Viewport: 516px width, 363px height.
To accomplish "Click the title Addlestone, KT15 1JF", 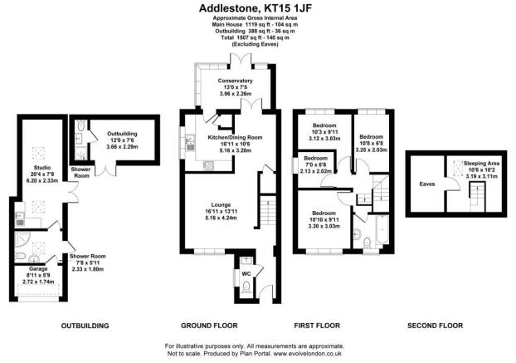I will coord(257,8).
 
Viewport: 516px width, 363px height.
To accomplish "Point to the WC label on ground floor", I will coord(247,272).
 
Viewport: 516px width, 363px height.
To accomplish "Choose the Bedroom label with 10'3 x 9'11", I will coord(319,126).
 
